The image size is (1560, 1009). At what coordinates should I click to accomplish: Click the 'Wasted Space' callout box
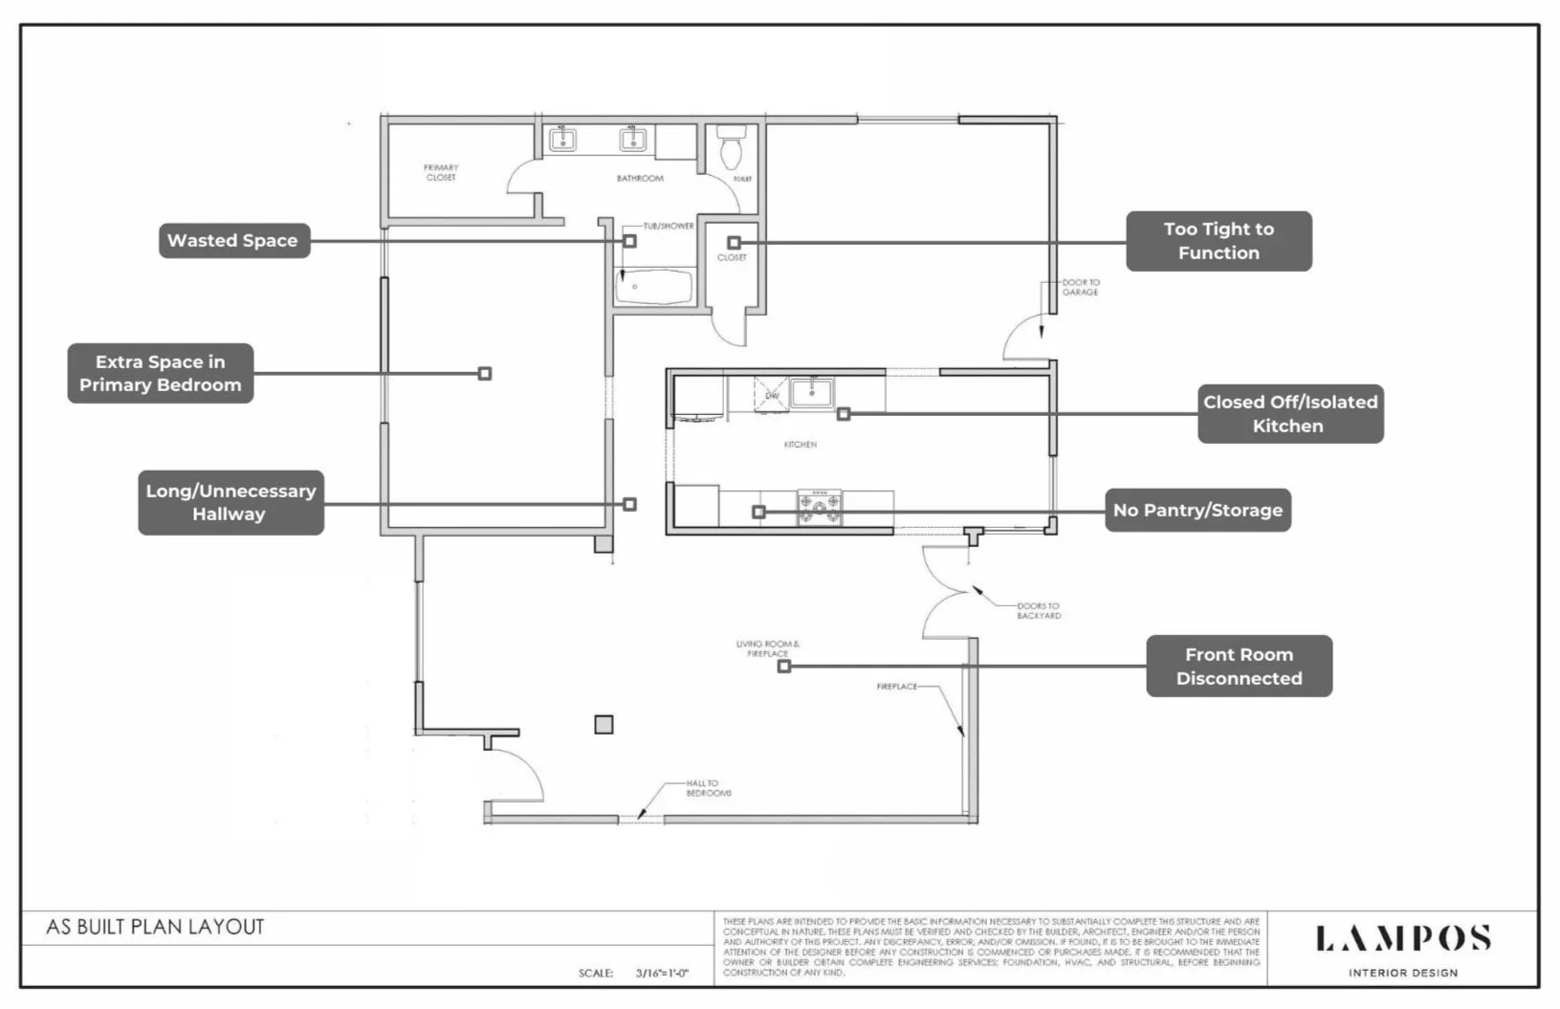coord(233,241)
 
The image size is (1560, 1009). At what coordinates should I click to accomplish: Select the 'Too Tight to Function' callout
coord(1218,241)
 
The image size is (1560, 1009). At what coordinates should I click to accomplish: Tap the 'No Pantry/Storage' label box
coord(1197,511)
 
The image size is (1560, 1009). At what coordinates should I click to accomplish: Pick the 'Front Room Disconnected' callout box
coord(1239,667)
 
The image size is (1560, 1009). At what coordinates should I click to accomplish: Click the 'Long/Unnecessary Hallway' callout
coord(231,502)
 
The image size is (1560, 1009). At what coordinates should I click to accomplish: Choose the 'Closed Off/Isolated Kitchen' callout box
coord(1289,414)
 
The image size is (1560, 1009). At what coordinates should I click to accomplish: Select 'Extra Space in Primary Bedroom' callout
coord(160,373)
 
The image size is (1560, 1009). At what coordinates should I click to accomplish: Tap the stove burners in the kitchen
coord(821,508)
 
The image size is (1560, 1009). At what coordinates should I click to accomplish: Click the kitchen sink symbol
coord(811,392)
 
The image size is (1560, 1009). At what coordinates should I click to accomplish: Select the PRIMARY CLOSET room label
coord(441,172)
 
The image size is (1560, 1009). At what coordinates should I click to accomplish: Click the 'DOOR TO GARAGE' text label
coord(1081,287)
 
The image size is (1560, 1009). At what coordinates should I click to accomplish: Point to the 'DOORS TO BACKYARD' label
coord(1038,611)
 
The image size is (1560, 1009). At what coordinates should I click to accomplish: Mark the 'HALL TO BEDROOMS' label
coord(708,788)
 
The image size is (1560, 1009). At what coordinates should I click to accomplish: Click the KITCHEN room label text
coord(801,445)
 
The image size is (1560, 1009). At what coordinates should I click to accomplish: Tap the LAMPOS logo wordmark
coord(1402,939)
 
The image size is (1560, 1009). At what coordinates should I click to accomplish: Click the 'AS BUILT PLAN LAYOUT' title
coord(155,927)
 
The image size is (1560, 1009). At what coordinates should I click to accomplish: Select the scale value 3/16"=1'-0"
coord(661,973)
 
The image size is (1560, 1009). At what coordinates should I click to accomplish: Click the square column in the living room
coord(604,724)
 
